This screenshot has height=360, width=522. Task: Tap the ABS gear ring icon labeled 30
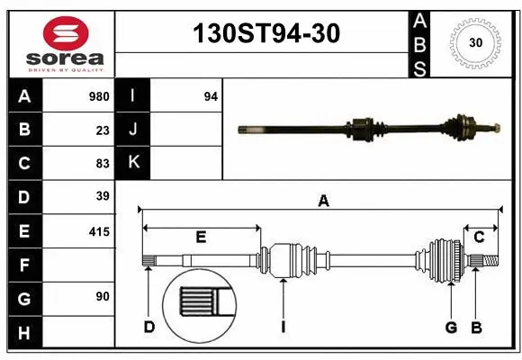pos(474,42)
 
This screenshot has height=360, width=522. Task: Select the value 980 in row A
pos(99,96)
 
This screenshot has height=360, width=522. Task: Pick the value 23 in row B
pos(103,130)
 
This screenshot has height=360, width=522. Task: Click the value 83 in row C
pos(103,163)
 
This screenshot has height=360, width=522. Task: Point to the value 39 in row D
pos(103,196)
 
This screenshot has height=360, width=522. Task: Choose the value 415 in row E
pos(99,231)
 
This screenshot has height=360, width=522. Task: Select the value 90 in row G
pos(103,296)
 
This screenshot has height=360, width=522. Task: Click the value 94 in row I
pos(211,96)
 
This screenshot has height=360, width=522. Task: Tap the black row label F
pos(24,265)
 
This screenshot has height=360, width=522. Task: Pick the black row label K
pos(133,163)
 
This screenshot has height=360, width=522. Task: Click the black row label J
pos(133,130)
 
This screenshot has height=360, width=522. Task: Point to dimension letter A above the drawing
pos(323,202)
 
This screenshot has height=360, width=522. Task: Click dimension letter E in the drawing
pos(201,237)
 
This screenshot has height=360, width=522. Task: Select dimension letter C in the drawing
pos(479,237)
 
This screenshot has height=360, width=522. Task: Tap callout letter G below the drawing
pos(451,327)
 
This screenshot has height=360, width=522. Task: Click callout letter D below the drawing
pos(149,327)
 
